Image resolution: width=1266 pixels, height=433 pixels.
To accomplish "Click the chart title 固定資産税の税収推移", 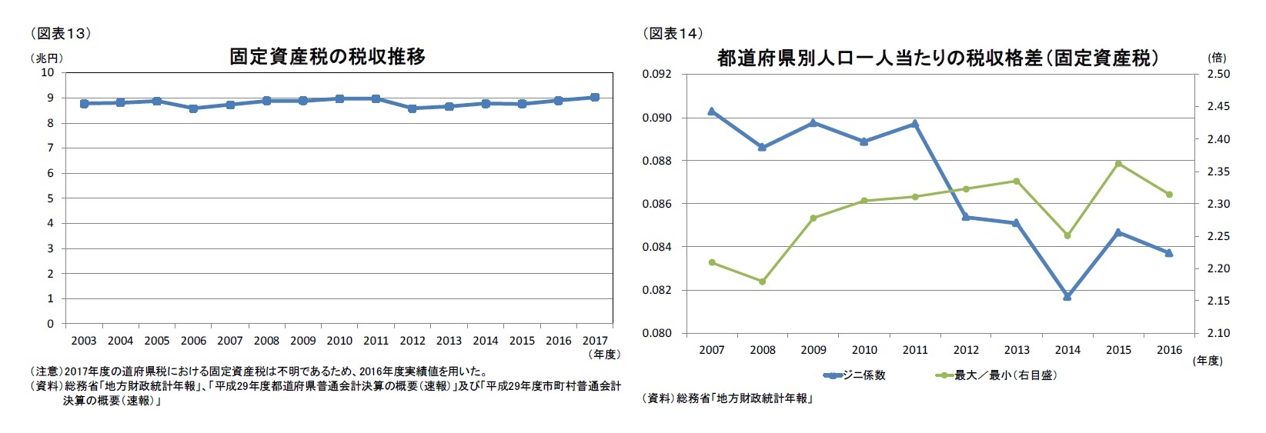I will [327, 57].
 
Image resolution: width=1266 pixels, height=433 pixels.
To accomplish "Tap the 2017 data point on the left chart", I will [595, 98].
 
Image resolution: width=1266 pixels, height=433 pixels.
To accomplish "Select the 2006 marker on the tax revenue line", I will [193, 108].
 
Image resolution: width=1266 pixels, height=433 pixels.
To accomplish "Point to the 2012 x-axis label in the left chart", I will [413, 341].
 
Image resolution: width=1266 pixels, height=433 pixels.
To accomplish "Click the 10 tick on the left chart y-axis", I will [48, 73].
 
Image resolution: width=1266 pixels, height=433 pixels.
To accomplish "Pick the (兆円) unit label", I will [47, 58].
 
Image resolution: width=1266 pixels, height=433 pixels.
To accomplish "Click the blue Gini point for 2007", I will [712, 112].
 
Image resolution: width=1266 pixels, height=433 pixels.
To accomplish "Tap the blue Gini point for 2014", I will [1067, 296].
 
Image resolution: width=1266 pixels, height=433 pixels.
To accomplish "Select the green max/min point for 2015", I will [1118, 163].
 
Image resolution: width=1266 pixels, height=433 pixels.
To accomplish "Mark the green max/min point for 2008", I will [763, 281].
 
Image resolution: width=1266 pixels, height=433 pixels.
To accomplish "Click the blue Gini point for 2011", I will [915, 123].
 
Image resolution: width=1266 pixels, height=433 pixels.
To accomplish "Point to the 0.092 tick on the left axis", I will [656, 75].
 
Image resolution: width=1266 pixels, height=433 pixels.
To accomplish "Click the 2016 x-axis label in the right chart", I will [1169, 350].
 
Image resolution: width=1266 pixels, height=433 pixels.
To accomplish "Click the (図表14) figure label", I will [673, 33].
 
